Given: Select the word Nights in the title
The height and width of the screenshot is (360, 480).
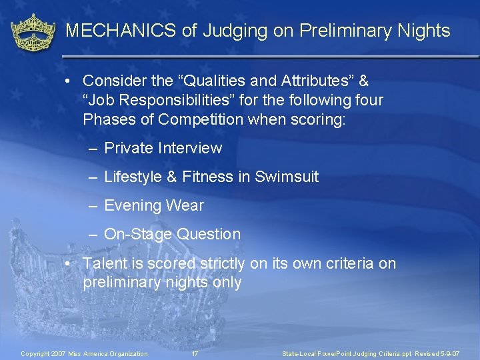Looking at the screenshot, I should point(424,31).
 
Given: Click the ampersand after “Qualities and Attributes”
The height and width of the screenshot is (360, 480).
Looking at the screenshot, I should point(363,81).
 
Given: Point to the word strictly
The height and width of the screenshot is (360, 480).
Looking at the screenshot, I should point(219,263).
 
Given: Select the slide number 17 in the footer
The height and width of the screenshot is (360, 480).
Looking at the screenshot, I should point(195,353).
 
